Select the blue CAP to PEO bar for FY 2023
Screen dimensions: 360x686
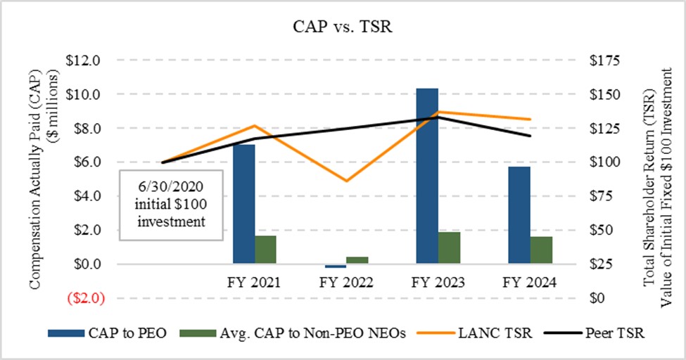(x=427, y=176)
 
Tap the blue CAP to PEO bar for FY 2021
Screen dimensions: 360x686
(x=243, y=204)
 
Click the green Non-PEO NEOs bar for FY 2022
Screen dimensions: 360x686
(x=357, y=260)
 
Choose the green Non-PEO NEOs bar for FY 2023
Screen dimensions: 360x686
(x=449, y=247)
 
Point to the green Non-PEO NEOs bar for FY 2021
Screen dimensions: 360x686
(x=265, y=250)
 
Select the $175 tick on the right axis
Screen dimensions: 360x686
(x=605, y=60)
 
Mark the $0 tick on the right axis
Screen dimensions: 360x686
(x=599, y=298)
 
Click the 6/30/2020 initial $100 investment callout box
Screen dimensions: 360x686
(x=171, y=205)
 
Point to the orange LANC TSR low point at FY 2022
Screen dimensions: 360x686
(x=346, y=181)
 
